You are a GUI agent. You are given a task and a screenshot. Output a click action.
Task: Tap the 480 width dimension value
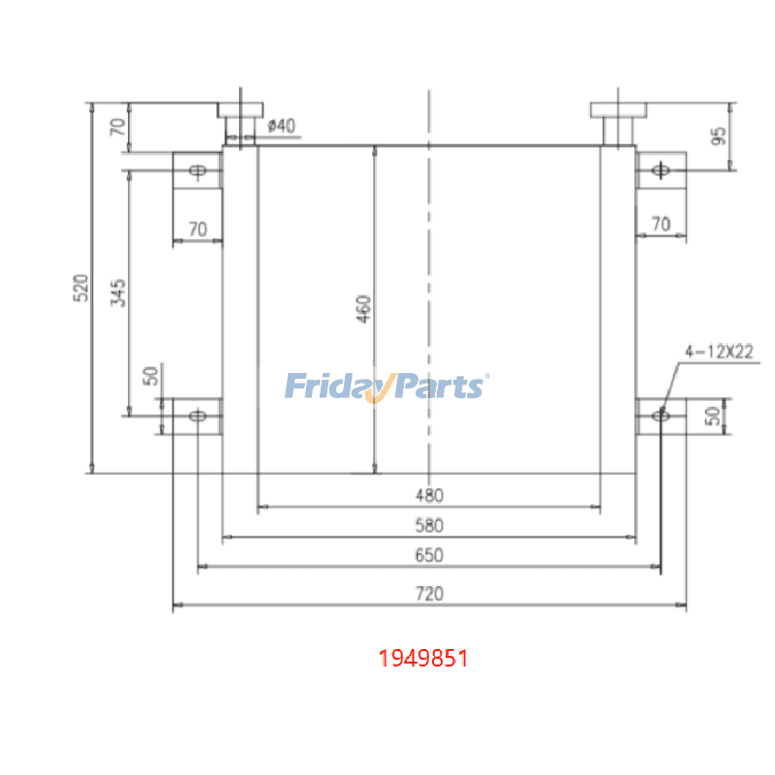pos(429,496)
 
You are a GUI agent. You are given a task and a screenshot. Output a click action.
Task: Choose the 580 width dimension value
pos(429,526)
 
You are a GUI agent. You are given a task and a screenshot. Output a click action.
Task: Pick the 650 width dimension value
pos(429,556)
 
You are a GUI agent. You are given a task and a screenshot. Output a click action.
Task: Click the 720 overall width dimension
pos(429,594)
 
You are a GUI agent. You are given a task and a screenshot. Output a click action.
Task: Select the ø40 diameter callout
pos(281,125)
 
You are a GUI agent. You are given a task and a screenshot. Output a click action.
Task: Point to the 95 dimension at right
pos(718,135)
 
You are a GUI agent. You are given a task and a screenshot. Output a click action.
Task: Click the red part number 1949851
pos(423,659)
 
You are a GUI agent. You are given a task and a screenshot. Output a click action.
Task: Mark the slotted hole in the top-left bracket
pos(199,171)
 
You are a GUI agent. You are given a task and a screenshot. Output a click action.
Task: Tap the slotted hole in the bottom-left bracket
pos(199,416)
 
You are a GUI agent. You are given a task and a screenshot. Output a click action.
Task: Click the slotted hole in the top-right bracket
pos(662,170)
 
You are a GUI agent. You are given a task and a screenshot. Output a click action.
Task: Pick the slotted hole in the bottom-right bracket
pos(661,416)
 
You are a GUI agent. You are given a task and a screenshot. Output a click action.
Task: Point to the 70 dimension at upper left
pos(118,127)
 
